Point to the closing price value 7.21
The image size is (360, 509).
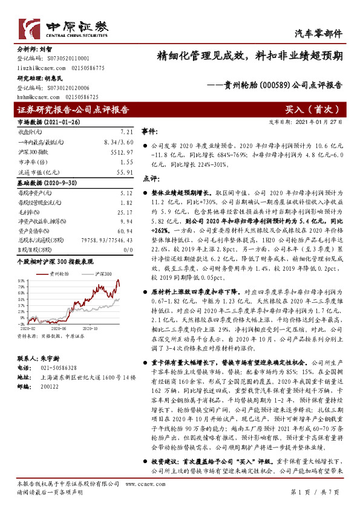pyautogui.click(x=126, y=131)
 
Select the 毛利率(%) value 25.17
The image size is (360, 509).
pyautogui.click(x=123, y=212)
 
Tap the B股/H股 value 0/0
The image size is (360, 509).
pyautogui.click(x=126, y=250)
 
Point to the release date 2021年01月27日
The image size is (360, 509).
pyautogui.click(x=326, y=121)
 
